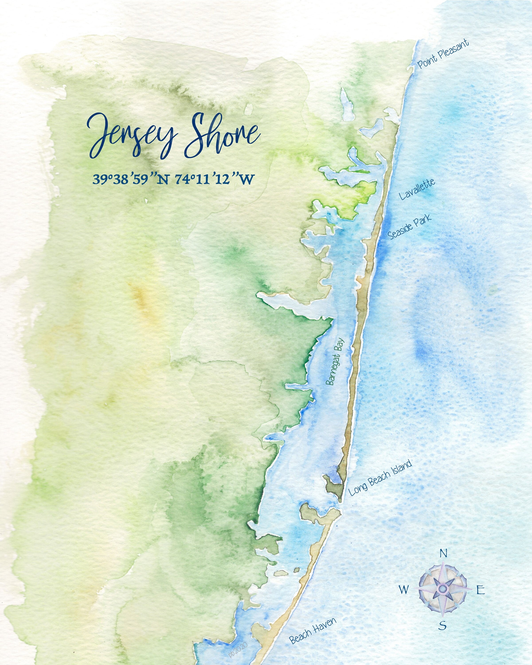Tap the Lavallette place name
417,189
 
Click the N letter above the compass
443,554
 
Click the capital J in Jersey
99,136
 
